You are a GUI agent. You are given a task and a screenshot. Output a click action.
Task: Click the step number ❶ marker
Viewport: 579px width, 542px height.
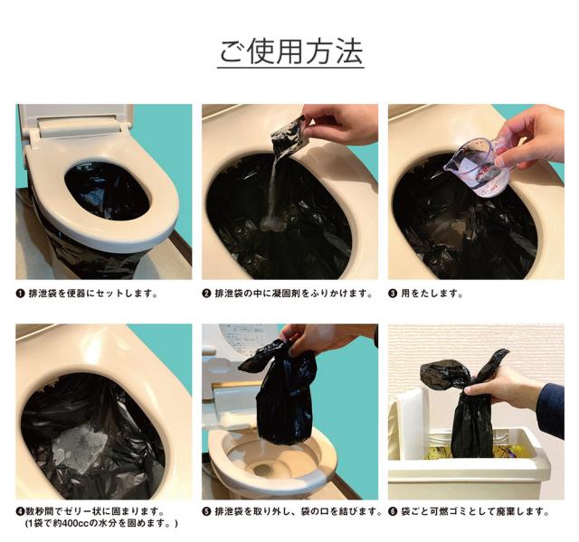pos(21,294)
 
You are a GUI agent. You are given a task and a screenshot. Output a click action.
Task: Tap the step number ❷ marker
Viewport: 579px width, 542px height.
pos(207,294)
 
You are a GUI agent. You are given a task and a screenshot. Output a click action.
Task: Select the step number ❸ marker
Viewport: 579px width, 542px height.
pos(394,294)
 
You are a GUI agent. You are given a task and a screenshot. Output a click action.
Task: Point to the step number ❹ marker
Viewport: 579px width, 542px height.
pos(21,511)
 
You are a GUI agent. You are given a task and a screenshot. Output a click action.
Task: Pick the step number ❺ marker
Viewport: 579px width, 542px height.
pos(207,511)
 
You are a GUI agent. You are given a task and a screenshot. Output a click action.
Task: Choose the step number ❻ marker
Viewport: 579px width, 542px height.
pos(394,511)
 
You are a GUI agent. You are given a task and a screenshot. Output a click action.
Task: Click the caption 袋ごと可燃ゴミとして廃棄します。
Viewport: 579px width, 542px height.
pos(475,511)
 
